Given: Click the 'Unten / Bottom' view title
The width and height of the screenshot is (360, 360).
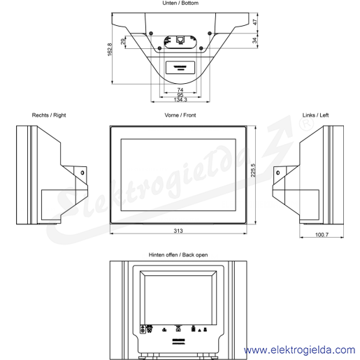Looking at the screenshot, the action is click(x=180, y=3).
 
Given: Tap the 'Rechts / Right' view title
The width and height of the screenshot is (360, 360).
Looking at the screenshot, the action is click(x=49, y=115).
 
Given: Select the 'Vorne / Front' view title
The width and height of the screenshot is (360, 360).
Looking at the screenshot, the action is click(x=180, y=115).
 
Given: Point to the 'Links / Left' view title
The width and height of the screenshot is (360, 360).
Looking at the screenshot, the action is click(x=315, y=115).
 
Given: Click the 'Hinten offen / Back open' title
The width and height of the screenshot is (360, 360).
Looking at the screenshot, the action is click(x=178, y=255).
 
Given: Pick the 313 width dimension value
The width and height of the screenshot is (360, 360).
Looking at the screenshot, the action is click(x=178, y=231).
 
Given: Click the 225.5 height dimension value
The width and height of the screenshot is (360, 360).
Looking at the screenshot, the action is click(x=253, y=171).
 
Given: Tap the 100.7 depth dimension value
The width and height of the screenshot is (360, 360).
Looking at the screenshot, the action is click(x=322, y=235).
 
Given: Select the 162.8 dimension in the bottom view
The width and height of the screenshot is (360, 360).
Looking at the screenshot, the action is click(x=110, y=50).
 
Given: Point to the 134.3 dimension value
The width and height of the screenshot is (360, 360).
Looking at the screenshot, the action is click(x=180, y=100).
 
